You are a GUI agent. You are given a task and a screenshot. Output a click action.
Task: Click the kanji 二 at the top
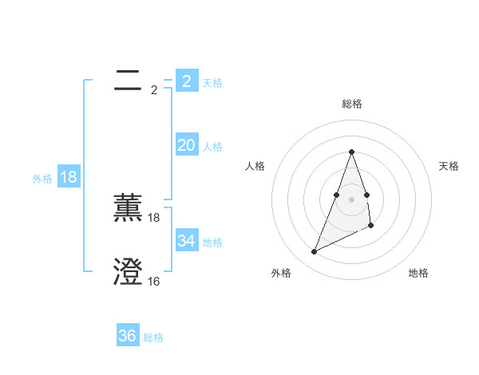(129, 80)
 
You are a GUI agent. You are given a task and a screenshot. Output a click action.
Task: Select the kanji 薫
(129, 208)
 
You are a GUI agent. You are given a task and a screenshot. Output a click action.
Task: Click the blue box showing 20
(186, 145)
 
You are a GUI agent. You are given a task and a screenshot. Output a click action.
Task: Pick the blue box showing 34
(186, 241)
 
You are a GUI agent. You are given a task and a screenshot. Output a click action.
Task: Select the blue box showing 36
(128, 336)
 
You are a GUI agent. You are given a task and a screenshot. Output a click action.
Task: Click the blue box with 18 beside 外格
(69, 177)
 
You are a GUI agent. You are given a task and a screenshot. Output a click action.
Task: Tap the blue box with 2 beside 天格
(186, 81)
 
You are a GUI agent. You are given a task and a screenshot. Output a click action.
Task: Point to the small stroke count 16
(154, 281)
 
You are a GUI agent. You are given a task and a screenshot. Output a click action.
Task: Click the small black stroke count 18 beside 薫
(154, 217)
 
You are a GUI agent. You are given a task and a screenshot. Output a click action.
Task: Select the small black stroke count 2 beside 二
(154, 90)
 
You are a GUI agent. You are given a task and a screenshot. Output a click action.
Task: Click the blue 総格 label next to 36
(153, 337)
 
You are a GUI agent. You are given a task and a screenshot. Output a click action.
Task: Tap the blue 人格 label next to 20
(212, 147)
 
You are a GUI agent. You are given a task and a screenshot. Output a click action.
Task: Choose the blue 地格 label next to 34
(212, 243)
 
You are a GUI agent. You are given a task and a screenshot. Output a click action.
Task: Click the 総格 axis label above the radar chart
(351, 104)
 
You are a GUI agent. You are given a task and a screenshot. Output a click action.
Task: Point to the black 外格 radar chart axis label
(281, 273)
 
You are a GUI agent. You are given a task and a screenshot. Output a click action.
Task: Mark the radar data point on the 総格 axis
(351, 152)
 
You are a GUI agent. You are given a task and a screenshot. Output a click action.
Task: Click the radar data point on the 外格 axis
(314, 252)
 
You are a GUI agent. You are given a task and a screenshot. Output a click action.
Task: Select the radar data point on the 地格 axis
(371, 227)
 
